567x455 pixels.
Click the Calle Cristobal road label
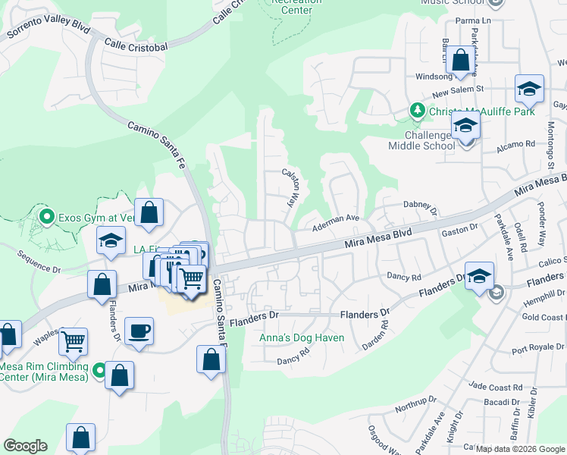pyautogui.click(x=136, y=46)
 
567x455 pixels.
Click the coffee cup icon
pyautogui.click(x=139, y=331)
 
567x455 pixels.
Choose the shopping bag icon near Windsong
pyautogui.click(x=460, y=60)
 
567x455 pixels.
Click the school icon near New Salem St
pyautogui.click(x=529, y=88)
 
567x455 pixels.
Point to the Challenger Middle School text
pyautogui.click(x=421, y=140)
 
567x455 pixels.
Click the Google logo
pyautogui.click(x=25, y=446)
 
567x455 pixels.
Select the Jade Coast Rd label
pyautogui.click(x=495, y=387)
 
